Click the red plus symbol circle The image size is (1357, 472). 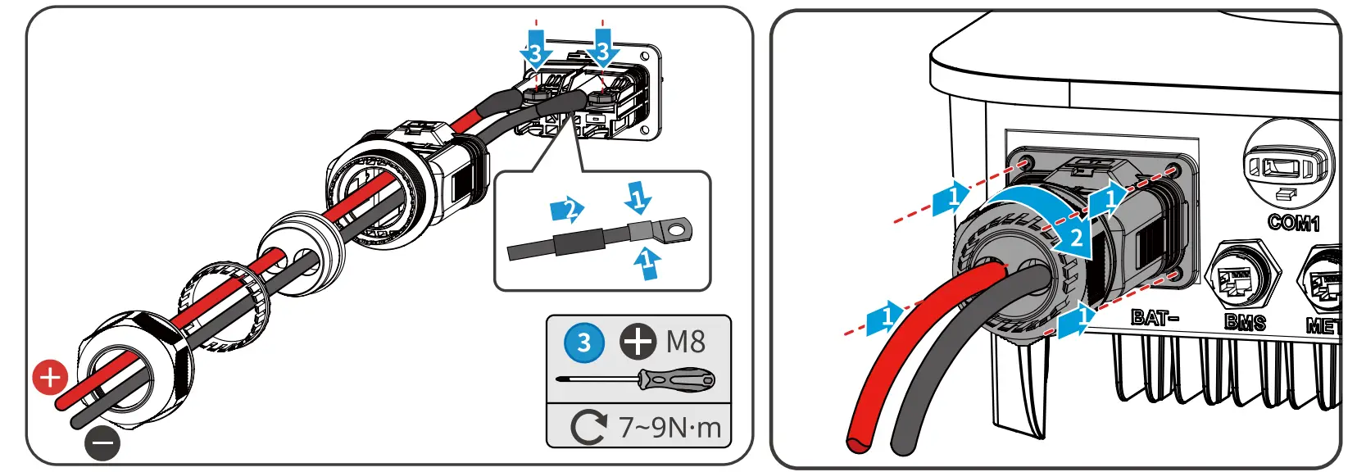(x=49, y=378)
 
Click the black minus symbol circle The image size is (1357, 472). (x=102, y=443)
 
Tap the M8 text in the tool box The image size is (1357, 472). (x=685, y=342)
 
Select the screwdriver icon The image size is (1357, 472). (x=636, y=379)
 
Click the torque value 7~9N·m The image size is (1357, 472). (x=669, y=427)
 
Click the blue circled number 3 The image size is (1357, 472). (x=583, y=342)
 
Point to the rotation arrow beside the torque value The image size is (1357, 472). (x=588, y=427)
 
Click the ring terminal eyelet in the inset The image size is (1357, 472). (x=675, y=231)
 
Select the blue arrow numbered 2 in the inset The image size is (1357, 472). (x=567, y=210)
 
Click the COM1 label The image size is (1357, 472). (x=1294, y=222)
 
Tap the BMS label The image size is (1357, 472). (x=1245, y=321)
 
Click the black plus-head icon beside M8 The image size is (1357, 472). (x=638, y=342)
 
